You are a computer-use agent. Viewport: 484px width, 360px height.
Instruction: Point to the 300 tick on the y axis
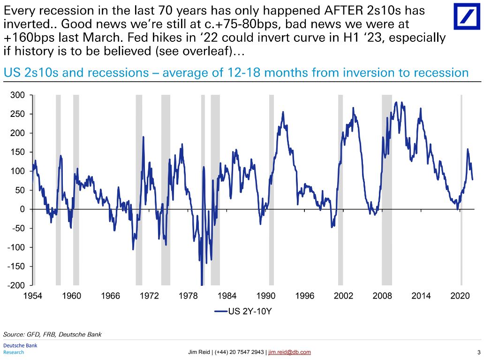click(x=18, y=95)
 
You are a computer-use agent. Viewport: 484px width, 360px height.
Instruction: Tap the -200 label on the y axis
click(x=17, y=285)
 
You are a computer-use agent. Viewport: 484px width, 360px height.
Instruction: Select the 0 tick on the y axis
click(x=22, y=209)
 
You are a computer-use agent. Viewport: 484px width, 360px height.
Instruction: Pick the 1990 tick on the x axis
click(x=266, y=296)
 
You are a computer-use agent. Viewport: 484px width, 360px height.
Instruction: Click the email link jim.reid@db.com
click(x=289, y=352)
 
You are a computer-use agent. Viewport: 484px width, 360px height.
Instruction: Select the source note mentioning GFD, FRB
click(x=52, y=334)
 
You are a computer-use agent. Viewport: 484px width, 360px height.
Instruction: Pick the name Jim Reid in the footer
click(x=199, y=352)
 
